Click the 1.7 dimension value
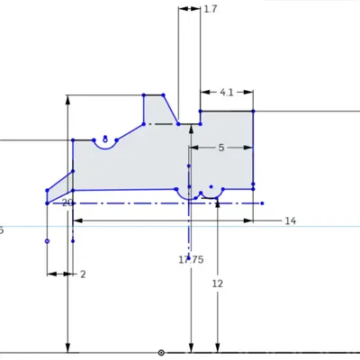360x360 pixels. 211,9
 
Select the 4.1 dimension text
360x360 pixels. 227,92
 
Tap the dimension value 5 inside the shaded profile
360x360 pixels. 221,148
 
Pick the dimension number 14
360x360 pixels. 290,220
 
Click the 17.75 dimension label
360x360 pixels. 191,259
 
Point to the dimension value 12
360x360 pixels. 217,283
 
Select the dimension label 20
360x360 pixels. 67,203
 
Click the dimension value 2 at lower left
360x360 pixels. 82,274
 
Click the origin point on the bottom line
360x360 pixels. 161,352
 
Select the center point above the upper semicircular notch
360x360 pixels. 106,138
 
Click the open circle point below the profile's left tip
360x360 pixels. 47,241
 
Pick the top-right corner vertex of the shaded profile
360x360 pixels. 253,111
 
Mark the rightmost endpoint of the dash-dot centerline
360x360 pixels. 262,203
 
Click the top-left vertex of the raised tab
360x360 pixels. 144,94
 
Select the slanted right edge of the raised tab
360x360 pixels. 171,109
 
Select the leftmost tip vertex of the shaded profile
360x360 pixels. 47,191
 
